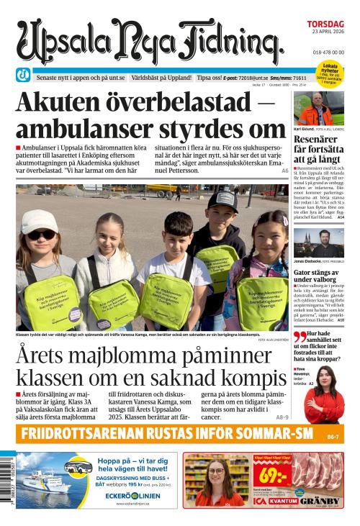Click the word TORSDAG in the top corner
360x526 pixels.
(x=325, y=24)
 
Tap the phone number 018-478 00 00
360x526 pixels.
(x=328, y=53)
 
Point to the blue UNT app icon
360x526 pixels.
(x=24, y=75)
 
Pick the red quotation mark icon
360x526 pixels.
(x=300, y=337)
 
